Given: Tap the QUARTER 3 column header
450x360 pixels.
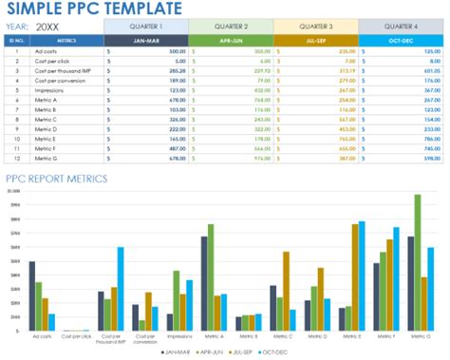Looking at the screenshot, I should point(315,27).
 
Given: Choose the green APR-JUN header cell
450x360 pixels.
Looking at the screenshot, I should point(230,41).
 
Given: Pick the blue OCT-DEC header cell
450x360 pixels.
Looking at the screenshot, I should point(400,41).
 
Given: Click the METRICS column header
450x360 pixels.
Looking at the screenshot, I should point(66,41).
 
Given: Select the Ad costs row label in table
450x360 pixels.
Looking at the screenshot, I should point(45,51).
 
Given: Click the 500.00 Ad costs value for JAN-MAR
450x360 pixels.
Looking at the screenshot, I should point(177,51).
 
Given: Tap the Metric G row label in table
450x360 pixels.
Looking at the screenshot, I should point(46,159).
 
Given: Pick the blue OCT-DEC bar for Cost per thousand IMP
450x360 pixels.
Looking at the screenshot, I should point(121,288).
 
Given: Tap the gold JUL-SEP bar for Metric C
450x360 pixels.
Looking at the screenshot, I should point(286,291).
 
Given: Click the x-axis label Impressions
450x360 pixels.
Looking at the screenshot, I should point(179,335).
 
